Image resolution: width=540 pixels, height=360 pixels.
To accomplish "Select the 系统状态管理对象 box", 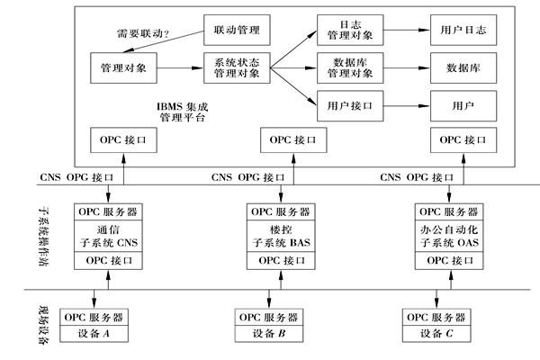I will tap(238, 67).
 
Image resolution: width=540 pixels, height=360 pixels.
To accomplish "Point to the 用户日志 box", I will tap(463, 31).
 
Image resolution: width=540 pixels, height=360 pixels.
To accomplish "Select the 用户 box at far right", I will tap(463, 104).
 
